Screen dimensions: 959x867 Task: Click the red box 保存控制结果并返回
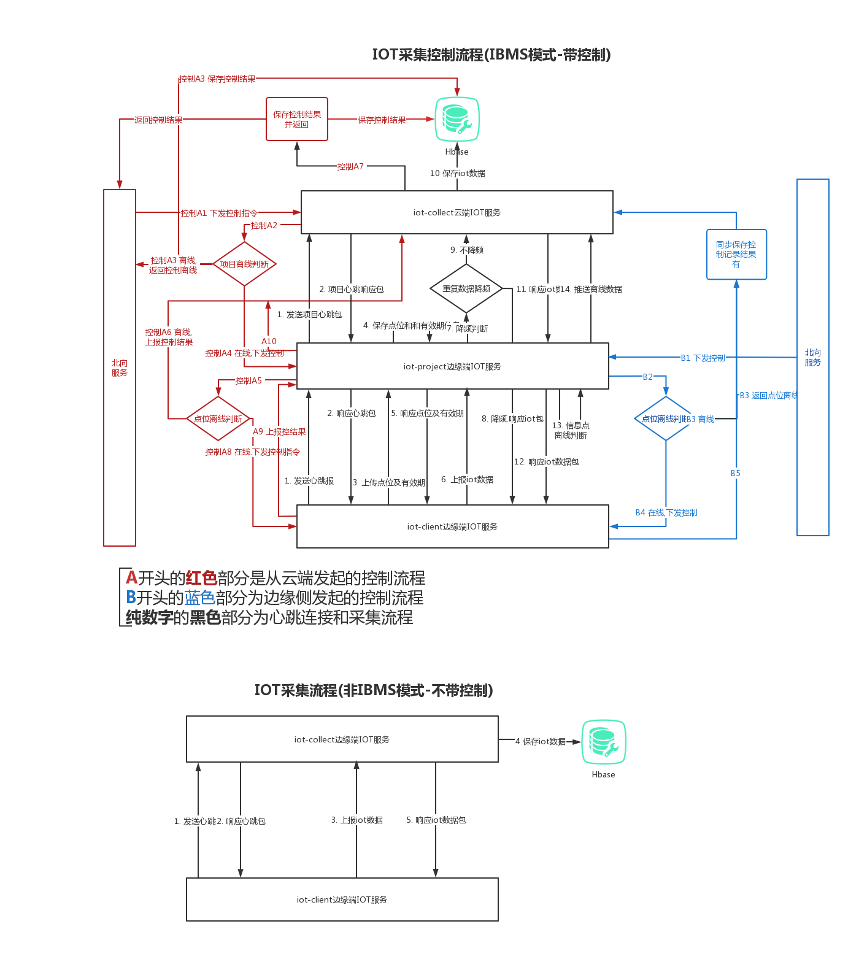[x=297, y=119]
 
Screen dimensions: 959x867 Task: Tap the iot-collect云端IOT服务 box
[x=457, y=212]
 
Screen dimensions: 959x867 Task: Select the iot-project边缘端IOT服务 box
[x=452, y=366]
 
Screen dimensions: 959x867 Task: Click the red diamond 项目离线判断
[x=244, y=264]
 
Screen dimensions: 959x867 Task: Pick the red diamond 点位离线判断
[x=218, y=418]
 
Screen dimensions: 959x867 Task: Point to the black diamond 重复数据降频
[x=466, y=288]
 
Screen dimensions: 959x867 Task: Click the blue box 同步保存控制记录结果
[x=736, y=255]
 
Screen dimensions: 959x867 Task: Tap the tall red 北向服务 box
[x=120, y=368]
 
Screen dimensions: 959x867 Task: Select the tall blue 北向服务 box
[x=812, y=357]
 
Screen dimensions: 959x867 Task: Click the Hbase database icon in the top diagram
[x=457, y=119]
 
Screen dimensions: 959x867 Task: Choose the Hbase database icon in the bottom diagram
[x=604, y=742]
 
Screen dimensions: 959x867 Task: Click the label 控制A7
[x=351, y=166]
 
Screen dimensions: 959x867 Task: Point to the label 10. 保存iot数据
[x=458, y=173]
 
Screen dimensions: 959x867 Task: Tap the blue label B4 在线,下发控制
[x=666, y=512]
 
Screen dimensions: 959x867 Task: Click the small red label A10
[x=269, y=341]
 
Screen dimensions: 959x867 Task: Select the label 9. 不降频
[x=467, y=250]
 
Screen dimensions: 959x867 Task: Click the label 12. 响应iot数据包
[x=547, y=461]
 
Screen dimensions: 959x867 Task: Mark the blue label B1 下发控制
[x=703, y=358]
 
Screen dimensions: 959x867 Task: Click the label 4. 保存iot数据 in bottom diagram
[x=541, y=741]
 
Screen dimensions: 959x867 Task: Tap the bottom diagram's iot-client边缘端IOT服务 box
[x=342, y=899]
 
